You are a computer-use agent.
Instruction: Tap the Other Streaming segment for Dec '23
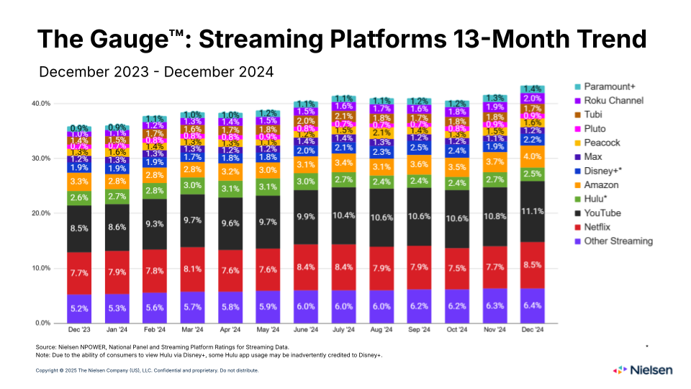click(79, 308)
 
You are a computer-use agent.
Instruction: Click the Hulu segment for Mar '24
click(192, 185)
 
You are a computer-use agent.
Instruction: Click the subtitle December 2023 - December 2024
click(157, 72)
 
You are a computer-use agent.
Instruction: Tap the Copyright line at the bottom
click(147, 370)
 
